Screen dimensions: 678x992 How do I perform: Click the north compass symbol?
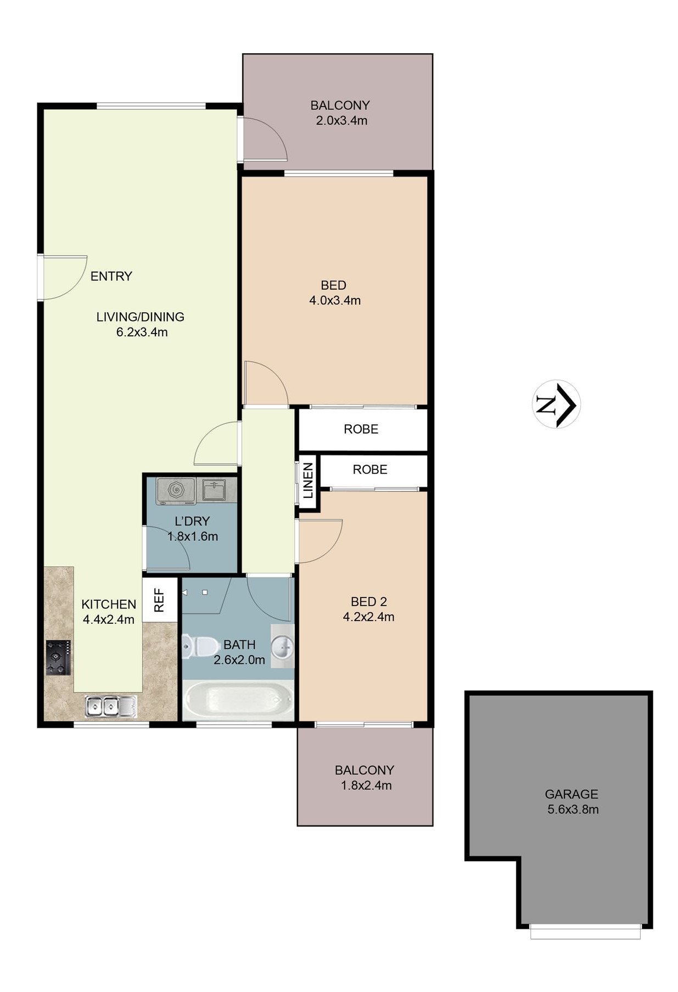556,404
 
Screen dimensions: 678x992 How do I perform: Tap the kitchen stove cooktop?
58,658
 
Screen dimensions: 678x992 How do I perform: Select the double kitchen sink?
111,706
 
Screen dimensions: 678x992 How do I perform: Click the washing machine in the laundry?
176,490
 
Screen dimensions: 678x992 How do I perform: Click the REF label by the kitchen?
159,600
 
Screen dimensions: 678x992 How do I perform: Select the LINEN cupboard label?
308,480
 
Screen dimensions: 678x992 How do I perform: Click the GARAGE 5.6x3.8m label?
572,801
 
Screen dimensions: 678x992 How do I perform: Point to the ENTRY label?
111,276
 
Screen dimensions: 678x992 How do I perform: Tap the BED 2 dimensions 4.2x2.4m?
368,617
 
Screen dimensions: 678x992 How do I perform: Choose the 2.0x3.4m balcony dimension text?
341,120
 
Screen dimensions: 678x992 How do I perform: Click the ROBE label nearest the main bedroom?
361,429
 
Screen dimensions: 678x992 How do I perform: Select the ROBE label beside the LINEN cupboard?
370,469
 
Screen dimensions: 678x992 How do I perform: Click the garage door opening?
585,932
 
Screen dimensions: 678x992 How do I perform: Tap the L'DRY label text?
192,521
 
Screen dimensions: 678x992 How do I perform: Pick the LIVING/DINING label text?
141,317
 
